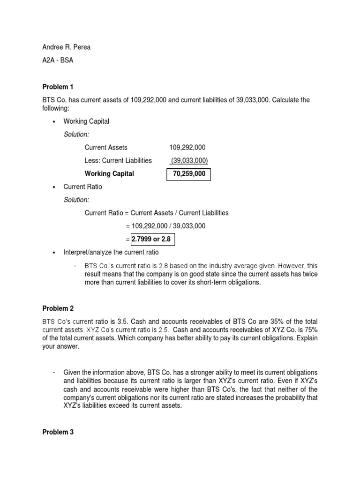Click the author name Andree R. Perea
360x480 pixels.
tap(67, 47)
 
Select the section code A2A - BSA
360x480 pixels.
tap(58, 60)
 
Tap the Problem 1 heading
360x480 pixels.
tap(58, 87)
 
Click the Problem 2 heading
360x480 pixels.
tap(58, 308)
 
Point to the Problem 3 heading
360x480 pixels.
tap(58, 432)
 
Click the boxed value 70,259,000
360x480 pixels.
tap(189, 173)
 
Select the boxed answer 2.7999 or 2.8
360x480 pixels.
tap(151, 240)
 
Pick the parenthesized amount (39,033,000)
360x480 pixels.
tap(189, 160)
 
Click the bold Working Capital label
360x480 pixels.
tap(109, 173)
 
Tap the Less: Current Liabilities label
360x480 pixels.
tap(118, 160)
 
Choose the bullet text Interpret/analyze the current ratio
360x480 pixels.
tap(111, 253)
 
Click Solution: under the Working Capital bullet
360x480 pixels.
tap(76, 135)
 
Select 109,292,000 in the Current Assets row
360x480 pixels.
tap(187, 147)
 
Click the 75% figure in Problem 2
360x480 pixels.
tap(310, 330)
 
